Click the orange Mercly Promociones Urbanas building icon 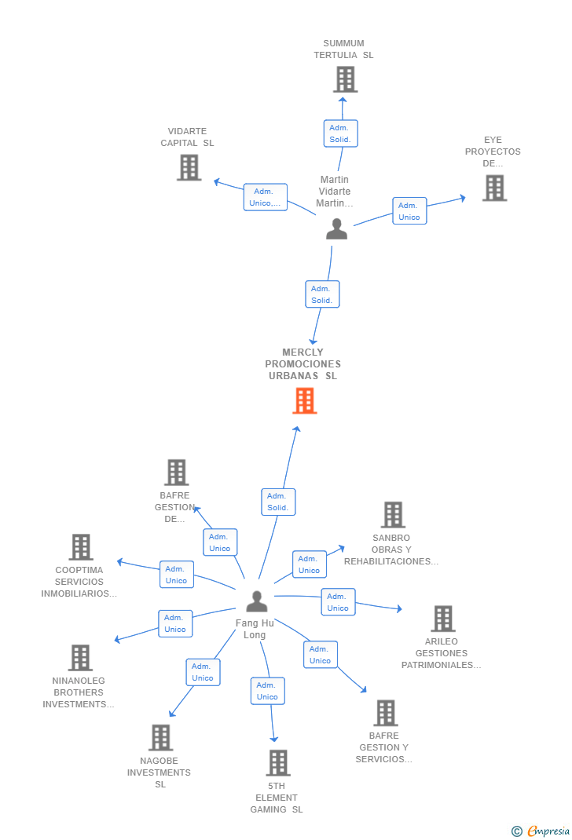305,400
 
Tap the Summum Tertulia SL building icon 346,79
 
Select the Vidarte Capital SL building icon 189,167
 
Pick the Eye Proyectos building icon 494,188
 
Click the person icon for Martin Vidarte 336,228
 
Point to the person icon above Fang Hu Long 257,601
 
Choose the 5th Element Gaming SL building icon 278,762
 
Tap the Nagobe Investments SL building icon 160,737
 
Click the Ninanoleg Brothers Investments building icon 80,657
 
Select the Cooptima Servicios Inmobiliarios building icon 81,547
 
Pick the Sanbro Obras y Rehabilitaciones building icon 393,514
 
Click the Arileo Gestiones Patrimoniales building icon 443,618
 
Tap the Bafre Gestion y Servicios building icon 386,713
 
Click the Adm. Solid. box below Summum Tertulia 340,133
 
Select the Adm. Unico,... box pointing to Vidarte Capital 266,197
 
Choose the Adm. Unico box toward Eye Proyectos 409,211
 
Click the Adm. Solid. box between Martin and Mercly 322,294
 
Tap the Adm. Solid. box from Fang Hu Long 278,502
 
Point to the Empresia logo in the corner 541,831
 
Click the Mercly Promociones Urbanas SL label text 302,363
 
